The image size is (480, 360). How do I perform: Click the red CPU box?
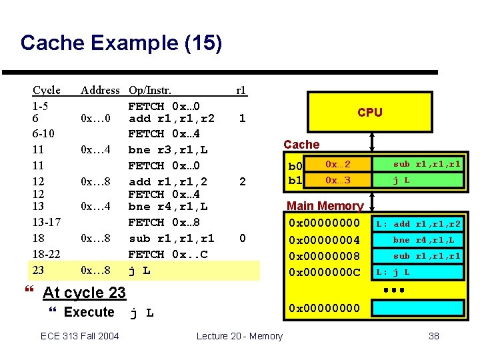point(369,113)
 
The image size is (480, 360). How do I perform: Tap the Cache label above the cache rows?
point(301,144)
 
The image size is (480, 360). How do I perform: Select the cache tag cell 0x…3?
point(337,180)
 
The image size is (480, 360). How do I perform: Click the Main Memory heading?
point(325,206)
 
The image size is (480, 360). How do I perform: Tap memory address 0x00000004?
point(323,239)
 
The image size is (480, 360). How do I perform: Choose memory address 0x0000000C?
point(323,272)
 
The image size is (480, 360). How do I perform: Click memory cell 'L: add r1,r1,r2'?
point(418,224)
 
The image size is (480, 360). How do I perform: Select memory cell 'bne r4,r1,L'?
point(423,240)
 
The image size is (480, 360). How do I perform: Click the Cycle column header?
point(47,90)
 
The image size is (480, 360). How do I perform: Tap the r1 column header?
point(241,90)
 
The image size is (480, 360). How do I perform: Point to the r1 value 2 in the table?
point(243,181)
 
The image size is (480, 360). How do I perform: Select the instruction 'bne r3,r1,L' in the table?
point(168,150)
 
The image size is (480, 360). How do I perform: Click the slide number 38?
point(433,336)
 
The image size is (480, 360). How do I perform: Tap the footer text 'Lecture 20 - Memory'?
point(239,336)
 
